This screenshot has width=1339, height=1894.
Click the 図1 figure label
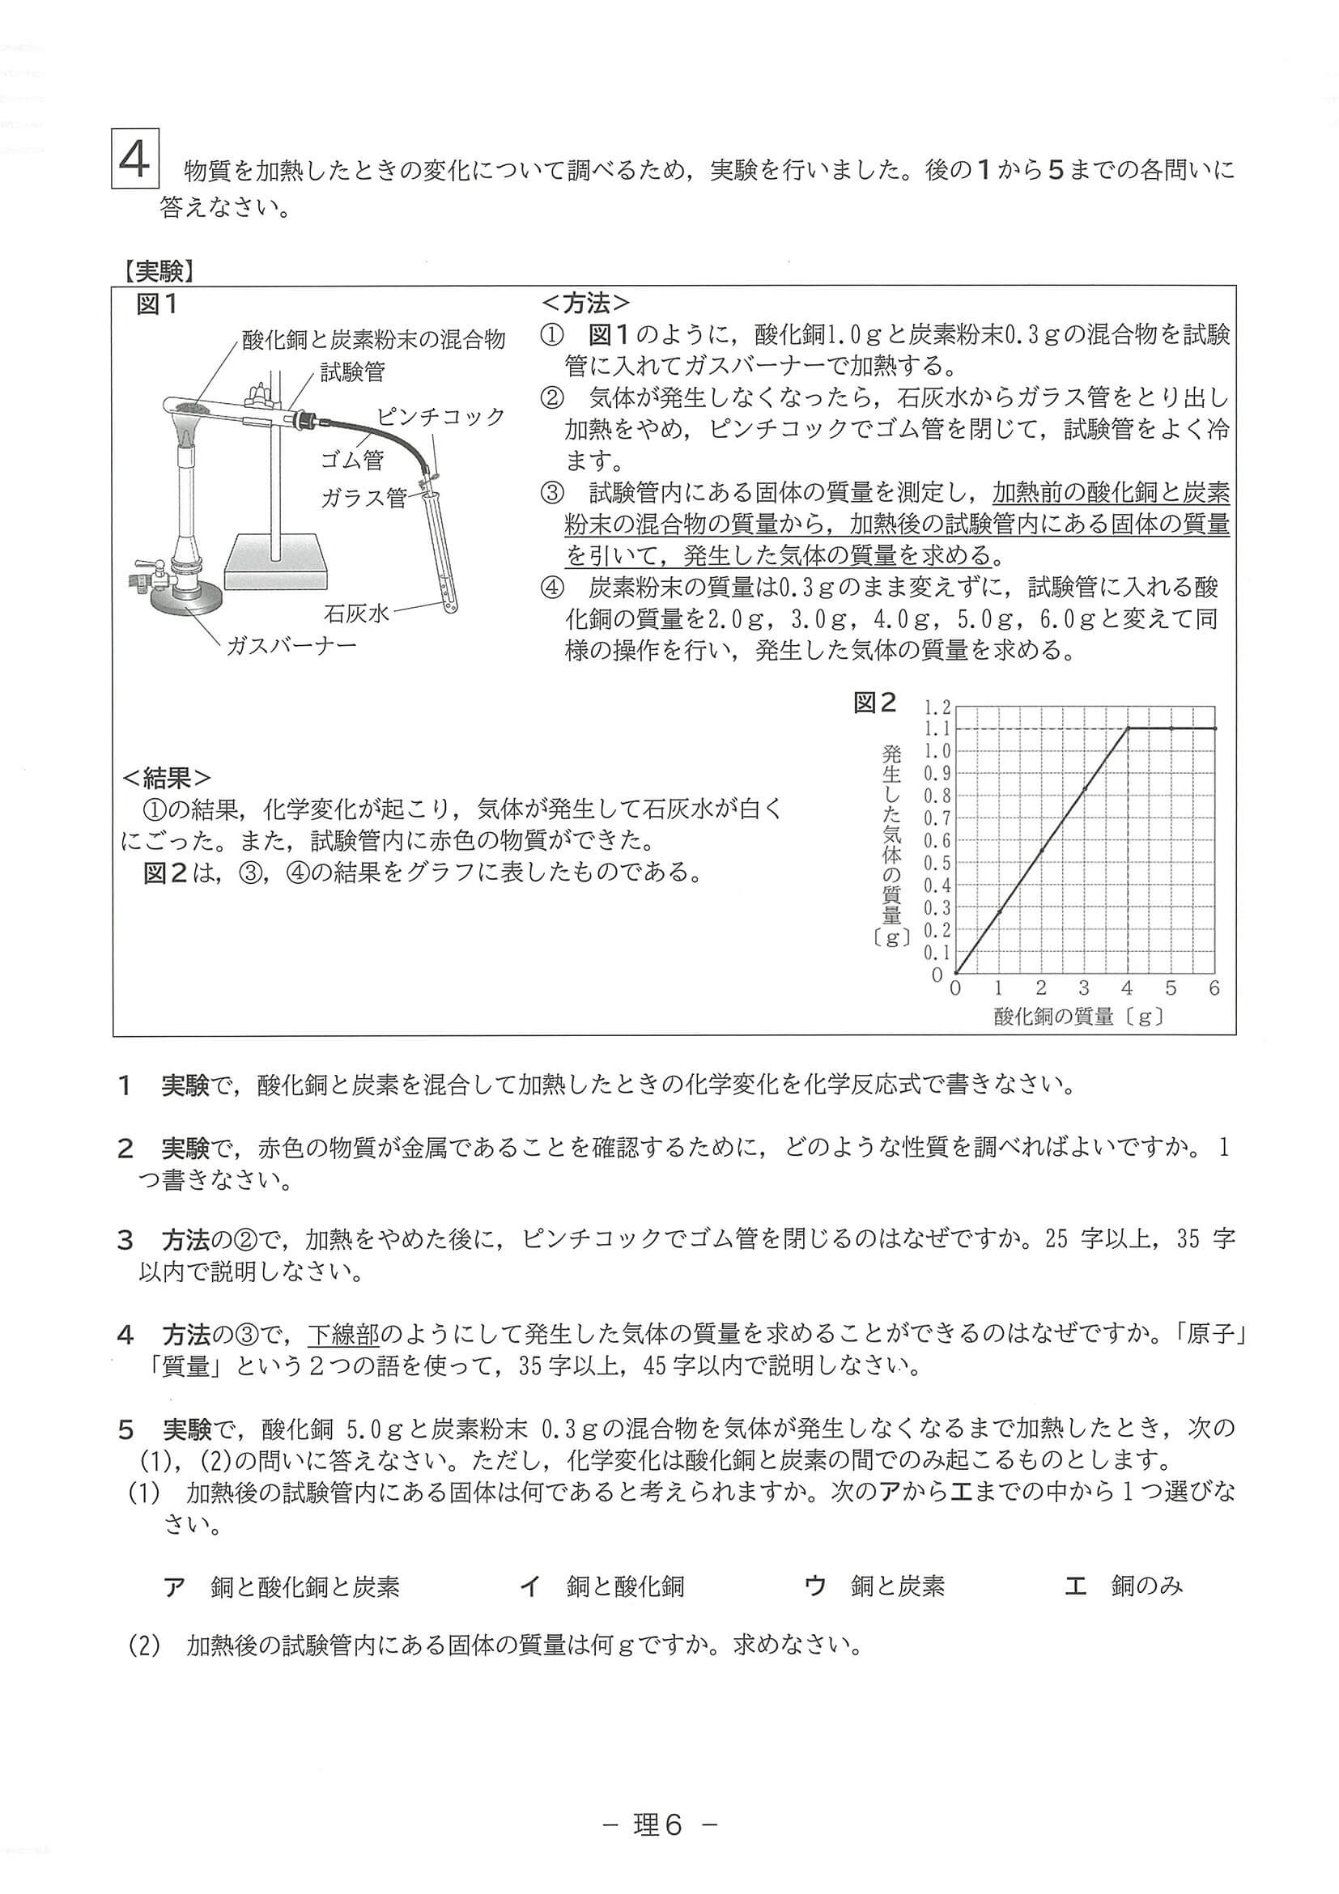click(x=157, y=305)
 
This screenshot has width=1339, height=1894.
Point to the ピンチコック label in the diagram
click(x=440, y=417)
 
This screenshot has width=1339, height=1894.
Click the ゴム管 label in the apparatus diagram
click(x=352, y=460)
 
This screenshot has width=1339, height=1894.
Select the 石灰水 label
click(x=356, y=613)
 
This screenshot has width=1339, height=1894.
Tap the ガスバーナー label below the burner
click(x=291, y=645)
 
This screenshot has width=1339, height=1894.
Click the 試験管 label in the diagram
click(x=352, y=373)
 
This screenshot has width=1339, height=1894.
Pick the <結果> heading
click(x=166, y=778)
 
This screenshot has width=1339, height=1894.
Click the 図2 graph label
click(x=874, y=703)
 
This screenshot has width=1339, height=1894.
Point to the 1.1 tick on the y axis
click(x=937, y=728)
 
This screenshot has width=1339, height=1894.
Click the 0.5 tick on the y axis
click(x=937, y=863)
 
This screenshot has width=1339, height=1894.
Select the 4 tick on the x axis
click(x=1127, y=988)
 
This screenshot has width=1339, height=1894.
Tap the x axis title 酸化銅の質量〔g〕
click(x=1079, y=1017)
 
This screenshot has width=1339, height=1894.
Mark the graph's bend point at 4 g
click(x=1128, y=728)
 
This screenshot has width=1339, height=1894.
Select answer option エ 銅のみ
click(x=1124, y=1586)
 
